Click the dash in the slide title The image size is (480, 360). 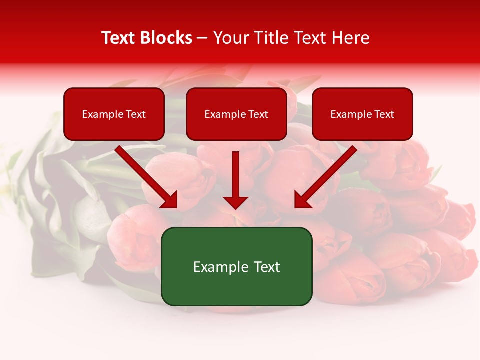pos(202,38)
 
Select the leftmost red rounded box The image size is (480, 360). pos(114,114)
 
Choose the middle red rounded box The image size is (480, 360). pos(236,114)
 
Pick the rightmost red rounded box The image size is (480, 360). pos(362,114)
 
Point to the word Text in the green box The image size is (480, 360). pos(267,267)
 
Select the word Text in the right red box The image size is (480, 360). pos(384,114)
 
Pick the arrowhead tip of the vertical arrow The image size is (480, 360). pos(235,208)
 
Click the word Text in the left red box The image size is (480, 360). pos(136,114)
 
